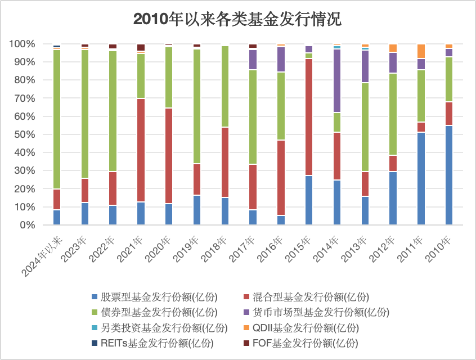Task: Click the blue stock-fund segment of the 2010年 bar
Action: (449, 175)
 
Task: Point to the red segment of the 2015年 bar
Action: (309, 117)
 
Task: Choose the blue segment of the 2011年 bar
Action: (421, 178)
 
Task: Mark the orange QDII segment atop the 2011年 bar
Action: (421, 51)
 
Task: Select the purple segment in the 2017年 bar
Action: (253, 60)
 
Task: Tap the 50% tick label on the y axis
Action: (23, 134)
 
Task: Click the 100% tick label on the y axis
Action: (21, 44)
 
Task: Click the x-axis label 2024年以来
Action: (42, 256)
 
